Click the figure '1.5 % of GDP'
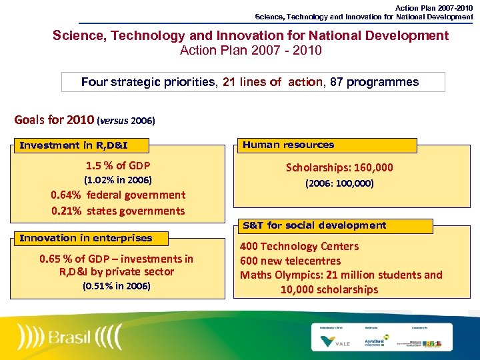pyautogui.click(x=118, y=165)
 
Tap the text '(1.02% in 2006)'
pyautogui.click(x=117, y=180)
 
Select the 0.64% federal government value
pyautogui.click(x=118, y=195)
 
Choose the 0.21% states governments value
pyautogui.click(x=118, y=211)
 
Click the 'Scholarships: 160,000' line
pyautogui.click(x=339, y=167)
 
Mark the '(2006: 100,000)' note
pyautogui.click(x=339, y=183)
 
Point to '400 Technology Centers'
pyautogui.click(x=299, y=246)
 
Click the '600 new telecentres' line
pyautogui.click(x=290, y=261)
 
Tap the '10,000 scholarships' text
pyautogui.click(x=329, y=289)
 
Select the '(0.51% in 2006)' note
pyautogui.click(x=116, y=286)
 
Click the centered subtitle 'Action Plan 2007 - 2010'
pyautogui.click(x=251, y=51)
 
